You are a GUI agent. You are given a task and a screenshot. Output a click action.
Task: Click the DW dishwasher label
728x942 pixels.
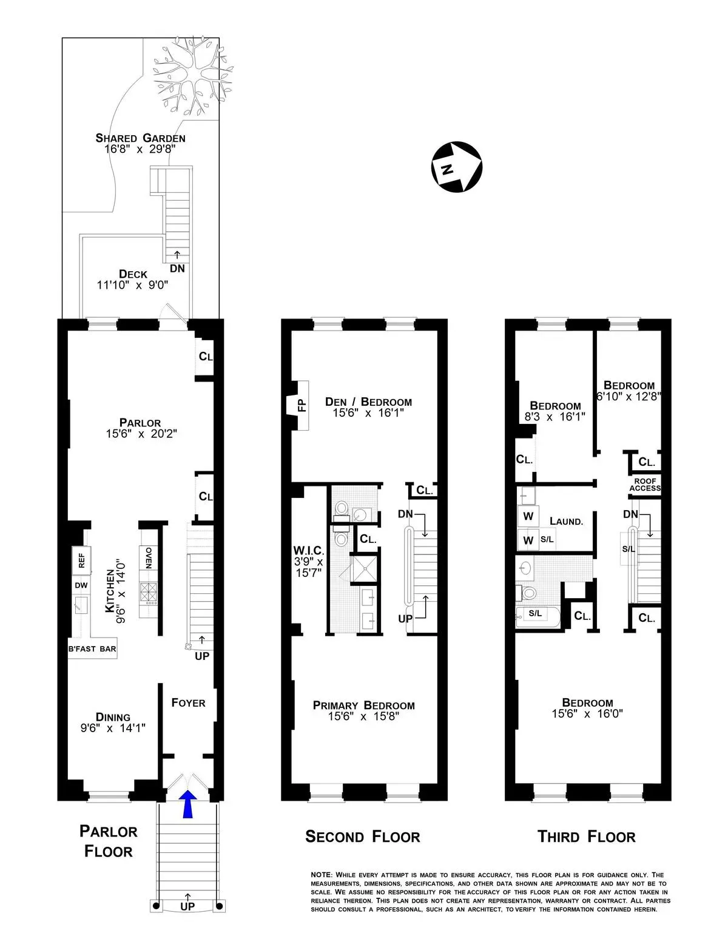(81, 585)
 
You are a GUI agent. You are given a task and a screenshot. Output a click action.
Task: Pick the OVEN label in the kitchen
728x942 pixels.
(149, 557)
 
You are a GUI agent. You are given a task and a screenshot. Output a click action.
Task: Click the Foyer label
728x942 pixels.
(188, 703)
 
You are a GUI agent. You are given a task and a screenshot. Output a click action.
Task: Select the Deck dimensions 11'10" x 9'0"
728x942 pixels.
(132, 285)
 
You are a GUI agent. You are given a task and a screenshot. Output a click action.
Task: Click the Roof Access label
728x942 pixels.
(644, 485)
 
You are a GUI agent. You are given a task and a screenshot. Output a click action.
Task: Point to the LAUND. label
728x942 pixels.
(567, 521)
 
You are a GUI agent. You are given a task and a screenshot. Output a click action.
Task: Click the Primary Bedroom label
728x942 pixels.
(364, 705)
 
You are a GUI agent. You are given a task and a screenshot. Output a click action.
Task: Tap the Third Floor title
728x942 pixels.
(586, 837)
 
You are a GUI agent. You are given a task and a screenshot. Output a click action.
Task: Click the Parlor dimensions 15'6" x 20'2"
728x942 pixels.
(140, 434)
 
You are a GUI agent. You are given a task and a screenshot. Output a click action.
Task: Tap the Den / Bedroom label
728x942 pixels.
(368, 402)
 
